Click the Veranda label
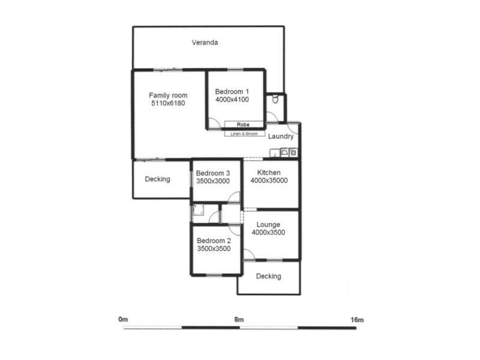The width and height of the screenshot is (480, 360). point(204,43)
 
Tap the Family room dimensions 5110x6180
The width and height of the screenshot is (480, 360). point(168,104)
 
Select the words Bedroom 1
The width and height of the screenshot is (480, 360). point(232,91)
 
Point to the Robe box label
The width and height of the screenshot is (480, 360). point(243,125)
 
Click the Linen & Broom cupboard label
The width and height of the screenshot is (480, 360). point(245,134)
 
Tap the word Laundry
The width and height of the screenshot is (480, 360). point(281,137)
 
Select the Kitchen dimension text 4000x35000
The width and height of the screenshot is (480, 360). point(269,181)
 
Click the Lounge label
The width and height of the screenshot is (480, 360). point(268,224)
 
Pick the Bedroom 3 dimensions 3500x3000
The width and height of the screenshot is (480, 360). point(213,181)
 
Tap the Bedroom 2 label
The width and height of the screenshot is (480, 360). point(214,240)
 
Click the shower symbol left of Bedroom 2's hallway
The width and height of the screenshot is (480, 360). point(198,211)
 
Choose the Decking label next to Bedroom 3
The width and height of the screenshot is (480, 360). point(158,179)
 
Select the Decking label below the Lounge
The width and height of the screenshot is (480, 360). point(268,277)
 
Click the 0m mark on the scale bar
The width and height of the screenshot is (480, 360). point(123,320)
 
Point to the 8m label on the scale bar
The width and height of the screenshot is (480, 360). point(239,320)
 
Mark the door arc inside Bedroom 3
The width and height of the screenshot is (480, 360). point(235,196)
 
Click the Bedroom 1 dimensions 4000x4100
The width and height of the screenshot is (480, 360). point(232,100)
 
